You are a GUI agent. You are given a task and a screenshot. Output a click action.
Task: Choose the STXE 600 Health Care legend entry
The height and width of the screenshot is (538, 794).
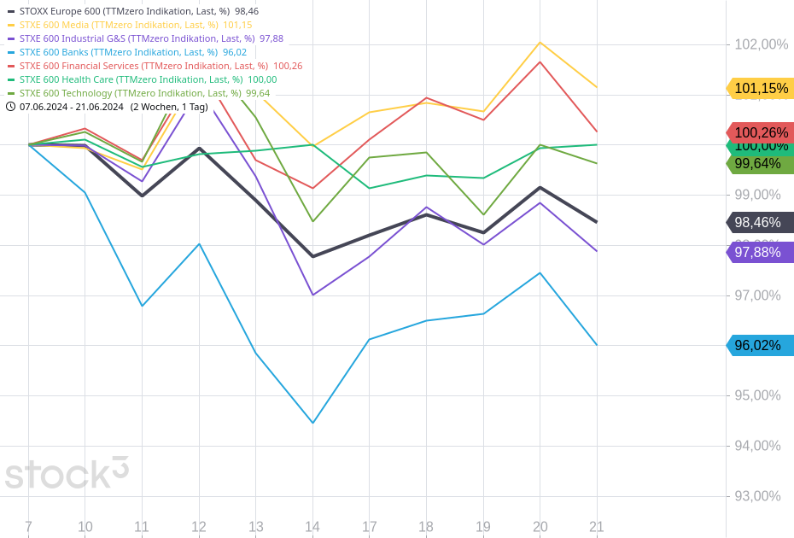click(142, 79)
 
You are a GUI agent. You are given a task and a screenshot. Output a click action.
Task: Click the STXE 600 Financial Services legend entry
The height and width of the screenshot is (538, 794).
click(155, 66)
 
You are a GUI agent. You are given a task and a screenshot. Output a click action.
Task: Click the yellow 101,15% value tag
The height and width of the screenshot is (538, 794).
click(760, 88)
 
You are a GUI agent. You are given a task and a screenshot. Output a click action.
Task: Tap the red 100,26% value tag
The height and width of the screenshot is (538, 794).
click(760, 132)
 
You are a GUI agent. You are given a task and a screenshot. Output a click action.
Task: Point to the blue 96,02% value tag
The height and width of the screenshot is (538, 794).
click(760, 346)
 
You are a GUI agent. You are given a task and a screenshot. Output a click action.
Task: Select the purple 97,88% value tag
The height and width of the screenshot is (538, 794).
click(760, 252)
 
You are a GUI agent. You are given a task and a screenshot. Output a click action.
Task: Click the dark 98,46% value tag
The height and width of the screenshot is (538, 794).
click(760, 222)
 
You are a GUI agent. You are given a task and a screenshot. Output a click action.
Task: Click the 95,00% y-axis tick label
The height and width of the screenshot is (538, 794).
click(757, 395)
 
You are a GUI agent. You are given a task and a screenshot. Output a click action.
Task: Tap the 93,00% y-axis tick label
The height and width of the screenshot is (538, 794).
click(757, 496)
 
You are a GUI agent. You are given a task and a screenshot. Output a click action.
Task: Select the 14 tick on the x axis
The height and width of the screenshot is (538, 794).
click(312, 527)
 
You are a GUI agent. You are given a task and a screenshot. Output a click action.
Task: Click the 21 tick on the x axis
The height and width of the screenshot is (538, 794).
click(597, 527)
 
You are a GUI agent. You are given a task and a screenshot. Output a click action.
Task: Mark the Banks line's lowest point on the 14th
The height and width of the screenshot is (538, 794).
click(312, 423)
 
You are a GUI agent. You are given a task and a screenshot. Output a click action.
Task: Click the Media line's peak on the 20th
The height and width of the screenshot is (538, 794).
click(540, 42)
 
